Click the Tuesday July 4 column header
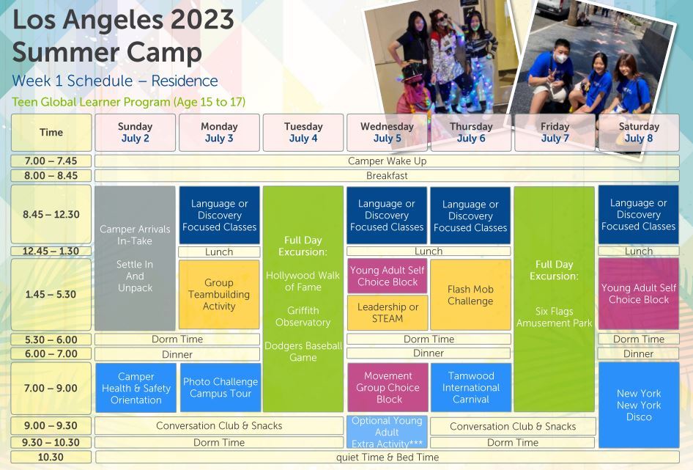coord(303,132)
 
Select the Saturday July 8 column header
coord(639,132)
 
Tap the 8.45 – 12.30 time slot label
coord(51,214)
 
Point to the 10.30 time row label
coord(51,457)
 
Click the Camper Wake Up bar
coord(388,161)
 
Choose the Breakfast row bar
coord(388,176)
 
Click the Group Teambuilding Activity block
coord(219,294)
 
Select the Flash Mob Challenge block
coord(471,295)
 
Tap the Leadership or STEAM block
coord(388,313)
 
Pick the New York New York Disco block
coord(639,405)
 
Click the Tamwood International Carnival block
coord(471,387)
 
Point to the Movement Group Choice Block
coord(388,387)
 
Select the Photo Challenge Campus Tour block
coord(220,388)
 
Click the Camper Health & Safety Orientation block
coord(136,388)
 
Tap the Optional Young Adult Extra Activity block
coord(388,432)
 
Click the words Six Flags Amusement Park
coord(555,317)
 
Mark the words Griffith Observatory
coord(303,316)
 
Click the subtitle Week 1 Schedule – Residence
coord(115,81)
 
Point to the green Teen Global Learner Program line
coord(129,102)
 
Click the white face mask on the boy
coord(561,57)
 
